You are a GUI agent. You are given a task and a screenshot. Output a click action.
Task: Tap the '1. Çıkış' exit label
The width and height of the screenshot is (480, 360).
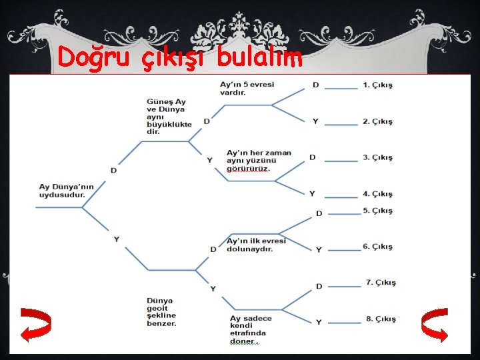(378, 85)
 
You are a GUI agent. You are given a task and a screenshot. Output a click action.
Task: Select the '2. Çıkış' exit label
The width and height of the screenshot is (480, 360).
(378, 121)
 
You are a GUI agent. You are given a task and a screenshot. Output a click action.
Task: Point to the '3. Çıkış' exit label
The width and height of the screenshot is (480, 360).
(378, 158)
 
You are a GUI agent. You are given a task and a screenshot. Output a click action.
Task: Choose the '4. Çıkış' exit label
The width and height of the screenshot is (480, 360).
(378, 194)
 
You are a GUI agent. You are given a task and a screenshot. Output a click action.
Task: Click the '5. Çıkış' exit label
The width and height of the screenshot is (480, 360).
(378, 211)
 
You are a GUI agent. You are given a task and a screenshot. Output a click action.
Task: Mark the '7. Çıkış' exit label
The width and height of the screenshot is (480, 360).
(381, 283)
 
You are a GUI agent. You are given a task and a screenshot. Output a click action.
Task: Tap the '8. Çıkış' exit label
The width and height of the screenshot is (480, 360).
(381, 319)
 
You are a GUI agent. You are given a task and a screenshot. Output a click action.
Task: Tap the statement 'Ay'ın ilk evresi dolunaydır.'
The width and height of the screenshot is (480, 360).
(256, 245)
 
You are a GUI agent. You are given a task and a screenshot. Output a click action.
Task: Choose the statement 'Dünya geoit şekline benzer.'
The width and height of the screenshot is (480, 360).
(162, 312)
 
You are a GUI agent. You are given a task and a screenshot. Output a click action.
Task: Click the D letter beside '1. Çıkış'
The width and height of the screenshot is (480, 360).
(315, 85)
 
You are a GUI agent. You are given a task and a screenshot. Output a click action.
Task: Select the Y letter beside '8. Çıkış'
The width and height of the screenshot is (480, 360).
(319, 322)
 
